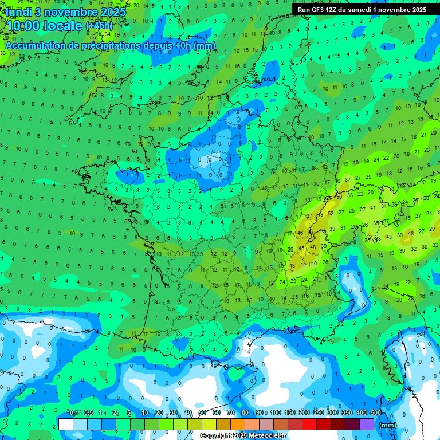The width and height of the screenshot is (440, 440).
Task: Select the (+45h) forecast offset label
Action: (99, 25)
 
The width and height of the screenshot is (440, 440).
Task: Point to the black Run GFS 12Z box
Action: (362, 10)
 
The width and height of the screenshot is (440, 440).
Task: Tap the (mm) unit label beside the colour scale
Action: (388, 425)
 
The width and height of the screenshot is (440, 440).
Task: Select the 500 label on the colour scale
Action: (376, 412)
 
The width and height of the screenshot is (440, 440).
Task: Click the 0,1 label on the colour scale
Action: (74, 412)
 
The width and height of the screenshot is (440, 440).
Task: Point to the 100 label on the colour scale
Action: (276, 412)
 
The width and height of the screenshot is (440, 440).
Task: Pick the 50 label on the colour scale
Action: (202, 412)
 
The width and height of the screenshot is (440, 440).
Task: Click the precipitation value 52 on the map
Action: (331, 214)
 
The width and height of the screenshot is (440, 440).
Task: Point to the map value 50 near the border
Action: (339, 196)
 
